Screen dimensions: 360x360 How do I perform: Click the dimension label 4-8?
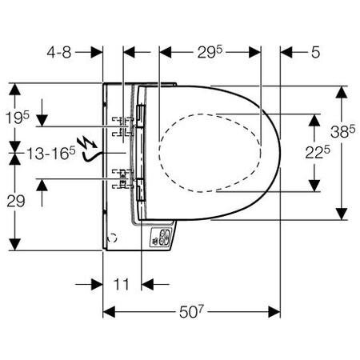pyautogui.click(x=59, y=52)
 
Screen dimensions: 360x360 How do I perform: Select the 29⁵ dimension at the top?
pyautogui.click(x=210, y=52)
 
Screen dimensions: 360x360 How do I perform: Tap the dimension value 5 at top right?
pyautogui.click(x=315, y=52)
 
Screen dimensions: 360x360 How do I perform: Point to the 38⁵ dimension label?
pyautogui.click(x=343, y=131)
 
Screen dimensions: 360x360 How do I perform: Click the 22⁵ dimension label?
pyautogui.click(x=318, y=153)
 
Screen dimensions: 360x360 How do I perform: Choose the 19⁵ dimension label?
pyautogui.click(x=18, y=118)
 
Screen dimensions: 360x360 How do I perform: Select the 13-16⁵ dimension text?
pyautogui.click(x=51, y=153)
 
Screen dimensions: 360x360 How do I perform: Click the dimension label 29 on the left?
pyautogui.click(x=16, y=201)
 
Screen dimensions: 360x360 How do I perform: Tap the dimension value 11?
pyautogui.click(x=122, y=284)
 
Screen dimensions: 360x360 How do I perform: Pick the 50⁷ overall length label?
pyautogui.click(x=191, y=311)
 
